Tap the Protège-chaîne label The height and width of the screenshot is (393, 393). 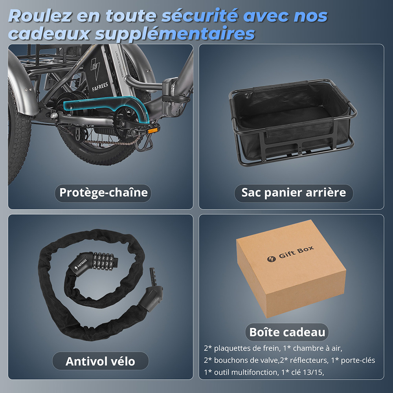(x=103, y=193)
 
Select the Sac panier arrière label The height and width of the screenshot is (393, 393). (x=294, y=193)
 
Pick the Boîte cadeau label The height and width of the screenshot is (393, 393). (x=287, y=332)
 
